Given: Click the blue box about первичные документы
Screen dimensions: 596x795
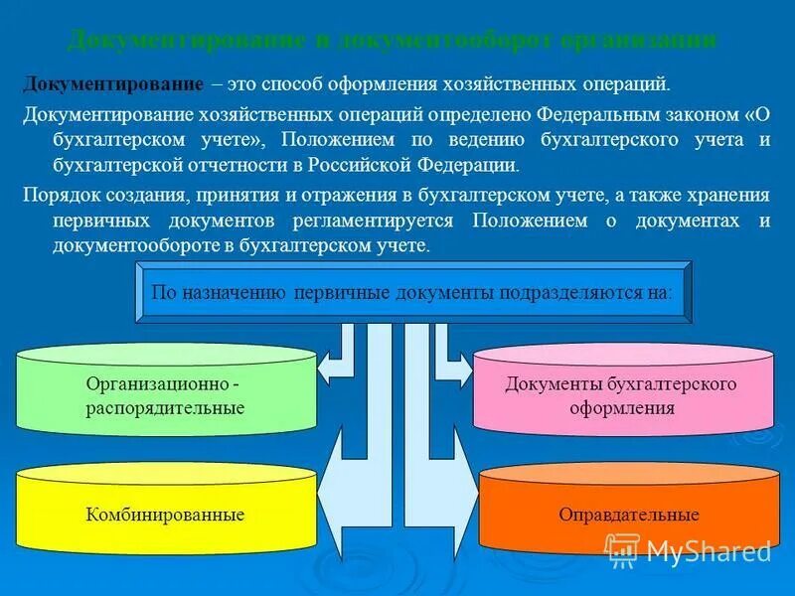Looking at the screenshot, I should [x=411, y=293].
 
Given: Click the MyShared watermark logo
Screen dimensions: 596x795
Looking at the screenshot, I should [x=675, y=551].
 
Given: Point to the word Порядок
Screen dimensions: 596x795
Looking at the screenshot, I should [x=59, y=194].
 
